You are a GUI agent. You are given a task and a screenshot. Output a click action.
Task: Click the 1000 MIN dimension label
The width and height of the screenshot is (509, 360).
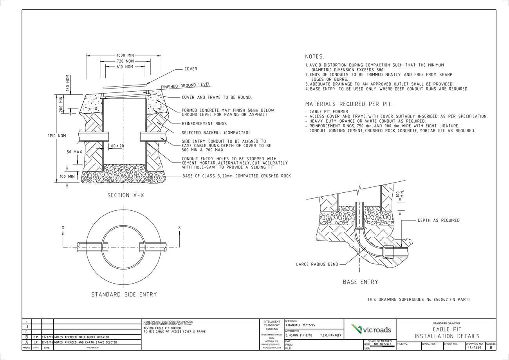pos(125,56)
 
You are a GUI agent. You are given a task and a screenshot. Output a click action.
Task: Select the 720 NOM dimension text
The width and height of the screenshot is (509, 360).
pos(125,61)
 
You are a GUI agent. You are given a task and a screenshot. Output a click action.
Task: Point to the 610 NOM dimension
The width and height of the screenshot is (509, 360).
pos(125,67)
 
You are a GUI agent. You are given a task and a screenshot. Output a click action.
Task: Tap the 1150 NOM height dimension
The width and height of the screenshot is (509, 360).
pos(57,136)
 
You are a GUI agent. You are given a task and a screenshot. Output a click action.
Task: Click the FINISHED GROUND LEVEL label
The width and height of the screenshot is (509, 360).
pos(186,85)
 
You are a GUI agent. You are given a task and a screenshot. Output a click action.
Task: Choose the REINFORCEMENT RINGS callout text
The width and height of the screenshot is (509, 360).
pos(204,124)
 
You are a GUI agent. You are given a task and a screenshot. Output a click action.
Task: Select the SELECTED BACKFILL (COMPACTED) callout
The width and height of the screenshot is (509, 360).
pos(215,133)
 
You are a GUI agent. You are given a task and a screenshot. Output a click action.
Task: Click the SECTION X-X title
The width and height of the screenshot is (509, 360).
pos(126,195)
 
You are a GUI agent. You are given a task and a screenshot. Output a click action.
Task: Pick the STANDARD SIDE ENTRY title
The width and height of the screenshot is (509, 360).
pos(124,295)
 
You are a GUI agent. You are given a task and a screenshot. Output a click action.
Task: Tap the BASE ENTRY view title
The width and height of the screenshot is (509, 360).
pos(360,282)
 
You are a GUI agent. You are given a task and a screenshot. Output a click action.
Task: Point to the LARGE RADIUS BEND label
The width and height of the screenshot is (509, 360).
pos(317,264)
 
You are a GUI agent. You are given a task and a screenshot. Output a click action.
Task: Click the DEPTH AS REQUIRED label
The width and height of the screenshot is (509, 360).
pos(439,221)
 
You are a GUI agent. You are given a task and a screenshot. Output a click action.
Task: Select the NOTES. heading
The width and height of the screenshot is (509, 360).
pos(314,57)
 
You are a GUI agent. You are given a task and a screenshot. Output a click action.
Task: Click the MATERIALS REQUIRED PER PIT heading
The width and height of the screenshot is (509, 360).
pos(348,104)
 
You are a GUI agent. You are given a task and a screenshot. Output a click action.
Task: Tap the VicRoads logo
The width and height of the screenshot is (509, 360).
pos(370,329)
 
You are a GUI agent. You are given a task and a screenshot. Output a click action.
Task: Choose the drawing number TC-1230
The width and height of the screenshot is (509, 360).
pos(474,347)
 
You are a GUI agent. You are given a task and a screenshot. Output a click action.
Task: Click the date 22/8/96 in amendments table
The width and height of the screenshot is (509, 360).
pos(47,342)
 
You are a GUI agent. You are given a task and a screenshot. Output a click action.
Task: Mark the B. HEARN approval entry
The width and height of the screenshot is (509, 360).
pos(299,335)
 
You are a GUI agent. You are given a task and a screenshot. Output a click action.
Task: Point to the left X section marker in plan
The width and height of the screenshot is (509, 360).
pos(63,228)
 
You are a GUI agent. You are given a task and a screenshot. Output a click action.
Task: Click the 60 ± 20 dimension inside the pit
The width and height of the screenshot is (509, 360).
pos(117,146)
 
